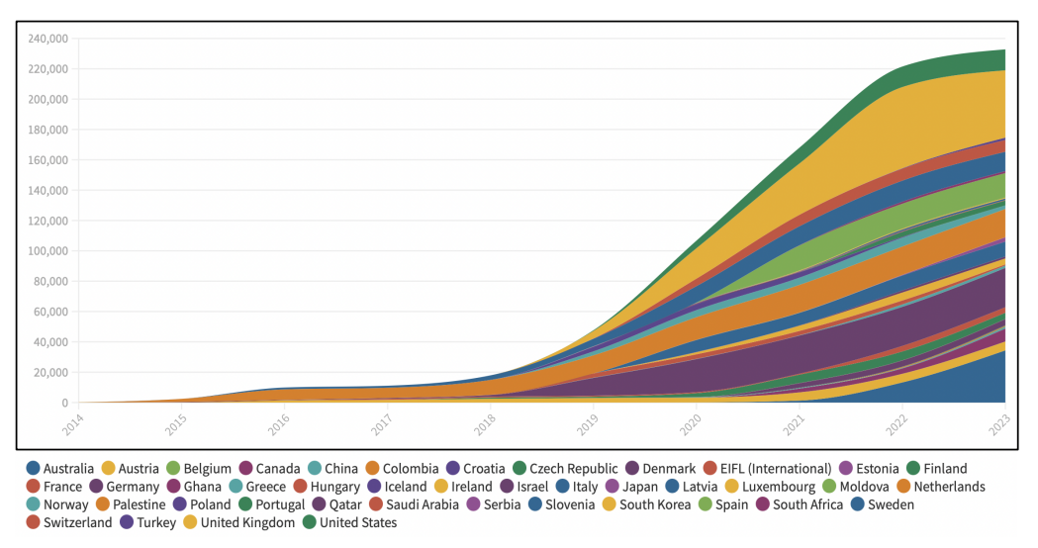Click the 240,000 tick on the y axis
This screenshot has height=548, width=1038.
(47, 39)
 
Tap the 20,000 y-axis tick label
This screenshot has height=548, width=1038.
(51, 373)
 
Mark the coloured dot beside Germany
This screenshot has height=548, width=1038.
(96, 487)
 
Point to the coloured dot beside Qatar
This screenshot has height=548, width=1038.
(321, 504)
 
